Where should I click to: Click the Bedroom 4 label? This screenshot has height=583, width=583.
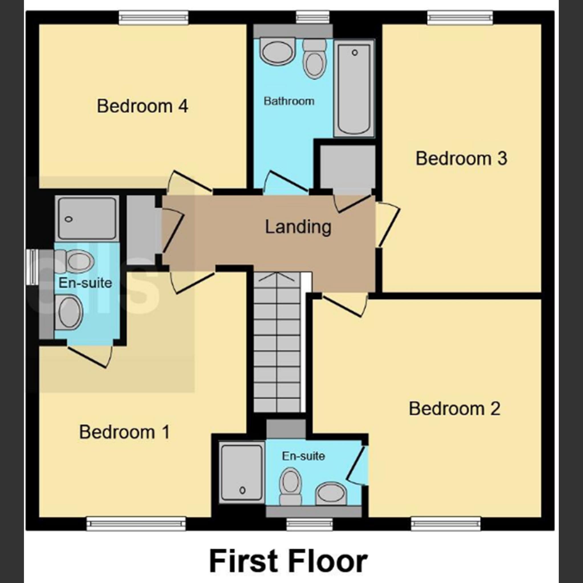[142, 106]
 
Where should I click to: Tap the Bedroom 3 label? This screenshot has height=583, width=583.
[461, 159]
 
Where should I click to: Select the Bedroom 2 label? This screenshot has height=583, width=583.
[454, 409]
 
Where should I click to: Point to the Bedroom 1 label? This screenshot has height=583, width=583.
[124, 432]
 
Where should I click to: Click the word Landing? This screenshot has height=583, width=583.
[298, 227]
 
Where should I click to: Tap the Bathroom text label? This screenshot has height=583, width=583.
[289, 101]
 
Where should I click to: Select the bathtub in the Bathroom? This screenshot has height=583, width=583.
[354, 89]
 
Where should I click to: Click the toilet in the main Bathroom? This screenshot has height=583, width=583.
[314, 60]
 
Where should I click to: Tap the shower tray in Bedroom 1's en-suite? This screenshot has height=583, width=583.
[87, 219]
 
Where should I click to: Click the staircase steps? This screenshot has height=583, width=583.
[277, 342]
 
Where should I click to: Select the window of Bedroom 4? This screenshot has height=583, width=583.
[154, 18]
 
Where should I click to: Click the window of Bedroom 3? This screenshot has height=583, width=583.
[460, 18]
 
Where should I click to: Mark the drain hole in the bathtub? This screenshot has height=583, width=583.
[355, 53]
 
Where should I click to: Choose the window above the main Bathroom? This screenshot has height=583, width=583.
[313, 17]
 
